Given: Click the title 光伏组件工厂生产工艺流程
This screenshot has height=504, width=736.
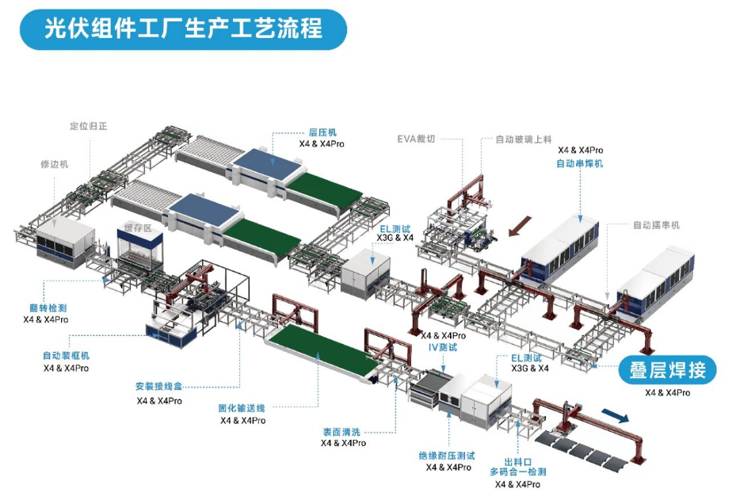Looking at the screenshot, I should tap(183, 29).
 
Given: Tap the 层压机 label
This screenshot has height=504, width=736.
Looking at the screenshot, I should tap(322, 133).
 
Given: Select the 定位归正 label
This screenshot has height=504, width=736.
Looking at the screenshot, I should tap(88, 125).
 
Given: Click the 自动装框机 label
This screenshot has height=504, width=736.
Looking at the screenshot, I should tap(66, 356).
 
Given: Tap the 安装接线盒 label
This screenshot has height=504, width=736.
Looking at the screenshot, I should tap(158, 388).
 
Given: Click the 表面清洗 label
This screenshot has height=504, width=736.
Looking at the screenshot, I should tap(342, 432).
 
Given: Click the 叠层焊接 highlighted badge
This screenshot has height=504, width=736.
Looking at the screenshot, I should tap(667, 370).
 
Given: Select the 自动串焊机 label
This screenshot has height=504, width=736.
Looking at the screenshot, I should tap(579, 163).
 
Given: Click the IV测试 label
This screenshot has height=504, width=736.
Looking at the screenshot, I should tap(443, 348).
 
